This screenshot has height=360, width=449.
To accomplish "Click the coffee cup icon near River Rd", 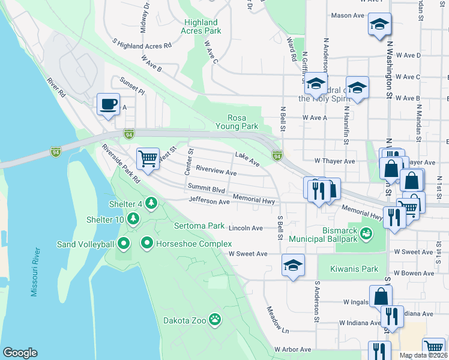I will point(108,104).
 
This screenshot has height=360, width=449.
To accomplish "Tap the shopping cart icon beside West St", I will point(147,158).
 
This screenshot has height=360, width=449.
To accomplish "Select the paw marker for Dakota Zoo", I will point(215,319).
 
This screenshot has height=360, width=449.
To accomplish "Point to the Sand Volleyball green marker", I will point(124,244).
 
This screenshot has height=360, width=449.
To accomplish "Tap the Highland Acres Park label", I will point(202,26).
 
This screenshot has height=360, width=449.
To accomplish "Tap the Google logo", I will point(20,352).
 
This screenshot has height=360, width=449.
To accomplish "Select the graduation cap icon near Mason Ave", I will point(379,25).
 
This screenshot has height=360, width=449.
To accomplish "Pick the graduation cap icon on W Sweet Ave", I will point(293,265).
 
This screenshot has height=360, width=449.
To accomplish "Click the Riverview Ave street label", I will point(215,172).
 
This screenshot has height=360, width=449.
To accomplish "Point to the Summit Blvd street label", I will point(206,189).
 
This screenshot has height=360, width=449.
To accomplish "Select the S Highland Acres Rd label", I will point(142,44).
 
